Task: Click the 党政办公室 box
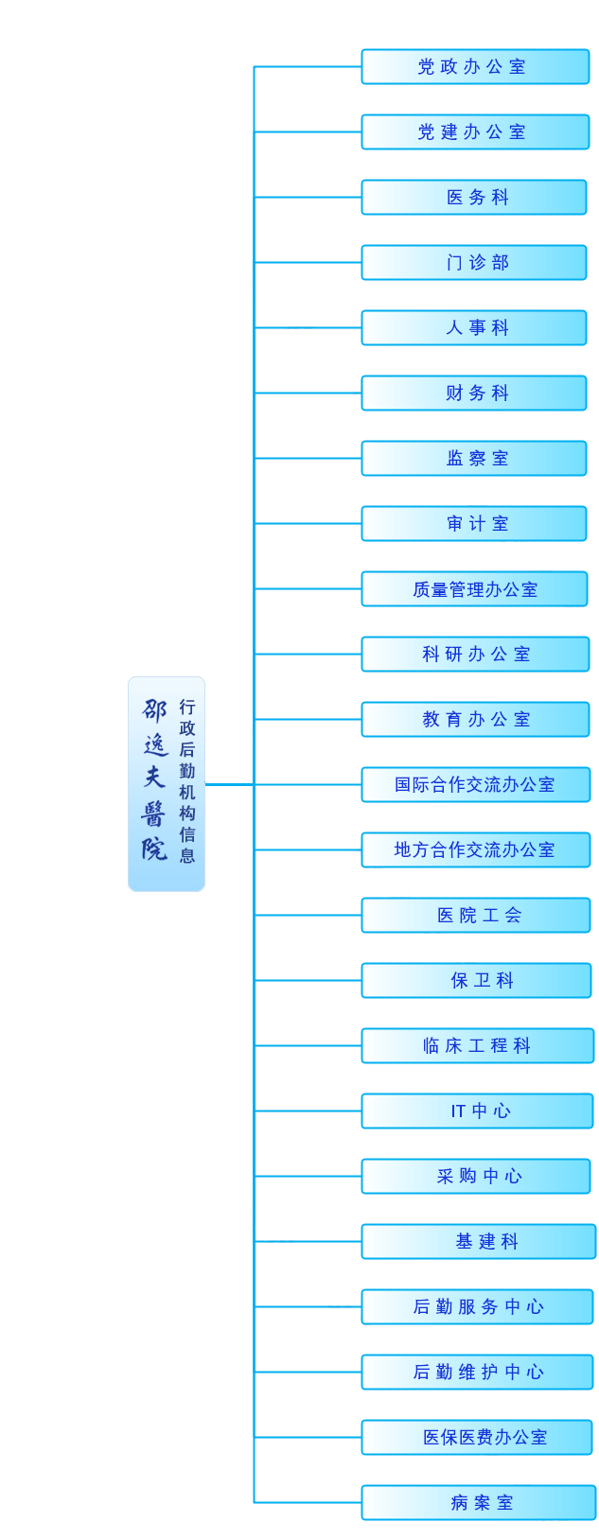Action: click(x=475, y=66)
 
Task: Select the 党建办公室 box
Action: click(x=475, y=132)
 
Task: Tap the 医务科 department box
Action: click(x=474, y=198)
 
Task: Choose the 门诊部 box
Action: click(x=474, y=263)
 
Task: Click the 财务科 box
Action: click(x=474, y=394)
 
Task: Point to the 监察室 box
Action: click(x=474, y=459)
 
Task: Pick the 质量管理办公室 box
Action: click(x=474, y=589)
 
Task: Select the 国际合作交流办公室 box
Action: click(x=476, y=784)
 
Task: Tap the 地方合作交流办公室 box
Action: click(x=476, y=849)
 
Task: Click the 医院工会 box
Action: click(x=476, y=915)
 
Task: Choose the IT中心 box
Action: click(x=477, y=1111)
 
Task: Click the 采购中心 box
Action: click(x=476, y=1177)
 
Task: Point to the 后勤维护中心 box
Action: click(x=477, y=1373)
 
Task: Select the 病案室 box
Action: click(x=479, y=1503)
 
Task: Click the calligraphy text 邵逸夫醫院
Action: click(x=155, y=779)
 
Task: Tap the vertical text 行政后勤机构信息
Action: click(x=187, y=781)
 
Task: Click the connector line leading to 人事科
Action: click(x=308, y=328)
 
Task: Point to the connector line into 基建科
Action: click(x=308, y=1242)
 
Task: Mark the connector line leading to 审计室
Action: click(x=308, y=524)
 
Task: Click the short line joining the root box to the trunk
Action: click(x=230, y=784)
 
